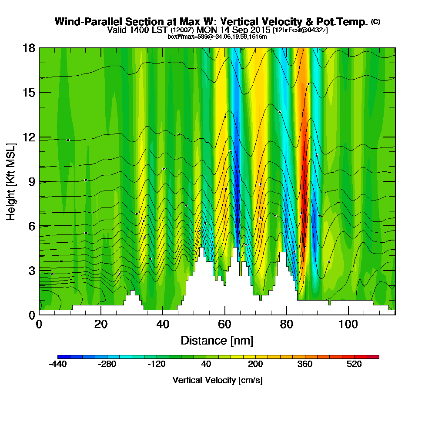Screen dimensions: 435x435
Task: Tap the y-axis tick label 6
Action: [32, 226]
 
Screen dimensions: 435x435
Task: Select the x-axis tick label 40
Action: [163, 325]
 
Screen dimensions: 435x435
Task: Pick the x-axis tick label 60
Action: [224, 325]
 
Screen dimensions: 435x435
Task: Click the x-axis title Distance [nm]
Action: [217, 340]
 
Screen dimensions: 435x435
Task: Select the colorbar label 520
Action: [354, 365]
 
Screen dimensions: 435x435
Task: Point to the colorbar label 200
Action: [255, 365]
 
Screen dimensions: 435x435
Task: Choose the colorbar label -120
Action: [157, 365]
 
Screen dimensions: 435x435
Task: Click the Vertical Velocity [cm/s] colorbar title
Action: [217, 380]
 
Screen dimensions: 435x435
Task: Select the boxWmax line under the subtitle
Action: [217, 37]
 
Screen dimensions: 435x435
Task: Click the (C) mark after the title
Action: [375, 22]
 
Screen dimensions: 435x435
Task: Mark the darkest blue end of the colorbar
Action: [60, 357]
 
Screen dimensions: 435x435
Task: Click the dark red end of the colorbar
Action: [376, 357]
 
